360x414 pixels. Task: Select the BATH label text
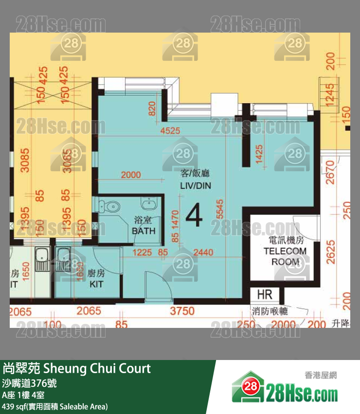144,231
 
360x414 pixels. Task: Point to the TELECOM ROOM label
285,251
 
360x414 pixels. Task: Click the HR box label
264,295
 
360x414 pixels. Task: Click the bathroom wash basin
147,203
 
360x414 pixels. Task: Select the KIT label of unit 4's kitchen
96,284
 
